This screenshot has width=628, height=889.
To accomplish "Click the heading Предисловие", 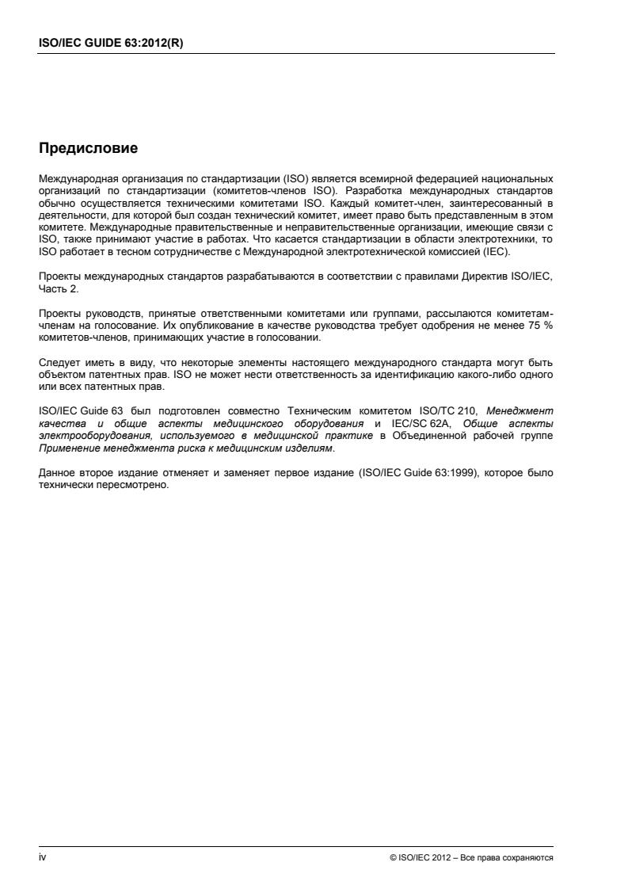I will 88,148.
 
